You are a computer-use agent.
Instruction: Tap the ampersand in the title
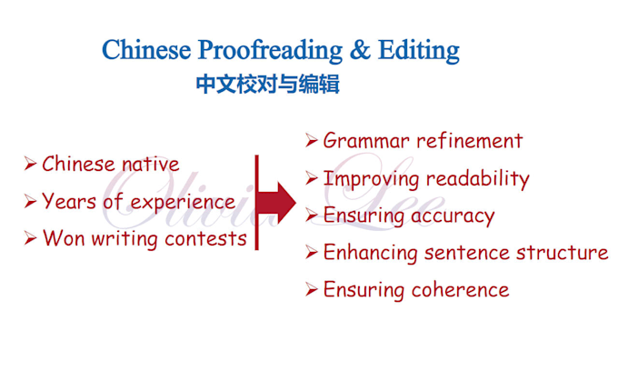coord(361,49)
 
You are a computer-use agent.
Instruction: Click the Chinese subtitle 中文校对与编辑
coord(267,85)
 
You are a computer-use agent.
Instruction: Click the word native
coord(149,165)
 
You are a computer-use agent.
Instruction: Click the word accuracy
coord(453,216)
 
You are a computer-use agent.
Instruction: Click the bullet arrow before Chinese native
coord(30,165)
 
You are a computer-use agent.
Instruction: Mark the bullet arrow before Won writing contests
coord(30,239)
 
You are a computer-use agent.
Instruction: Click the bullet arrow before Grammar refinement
coord(311,141)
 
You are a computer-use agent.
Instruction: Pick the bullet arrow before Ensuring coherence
coord(311,290)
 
